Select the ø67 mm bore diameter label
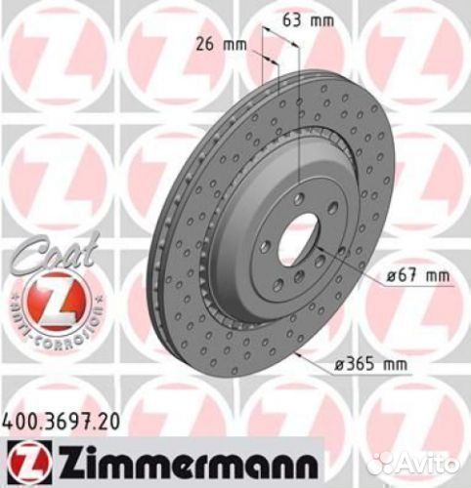coord(416,277)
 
